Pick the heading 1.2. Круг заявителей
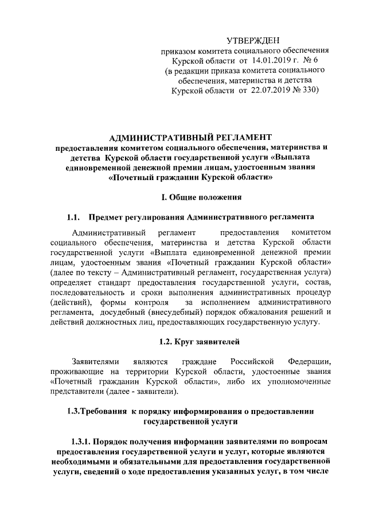(x=198, y=342)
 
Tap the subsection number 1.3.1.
(x=83, y=442)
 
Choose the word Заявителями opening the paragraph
(x=95, y=362)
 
